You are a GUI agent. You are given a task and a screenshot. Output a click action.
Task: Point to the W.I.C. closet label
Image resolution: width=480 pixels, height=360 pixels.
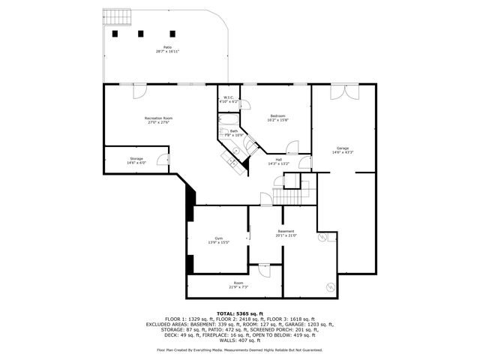(228, 99)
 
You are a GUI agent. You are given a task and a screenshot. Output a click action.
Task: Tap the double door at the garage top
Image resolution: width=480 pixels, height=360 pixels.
(339, 91)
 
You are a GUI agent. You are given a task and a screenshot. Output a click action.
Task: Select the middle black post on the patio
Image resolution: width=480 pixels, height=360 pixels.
(140, 33)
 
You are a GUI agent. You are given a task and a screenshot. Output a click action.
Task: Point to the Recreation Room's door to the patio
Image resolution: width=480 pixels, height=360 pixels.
(139, 91)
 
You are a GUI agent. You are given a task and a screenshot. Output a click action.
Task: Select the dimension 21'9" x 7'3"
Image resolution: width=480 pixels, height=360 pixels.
(238, 287)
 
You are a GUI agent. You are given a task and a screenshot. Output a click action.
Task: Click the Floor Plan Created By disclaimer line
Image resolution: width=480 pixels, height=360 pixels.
(239, 349)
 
